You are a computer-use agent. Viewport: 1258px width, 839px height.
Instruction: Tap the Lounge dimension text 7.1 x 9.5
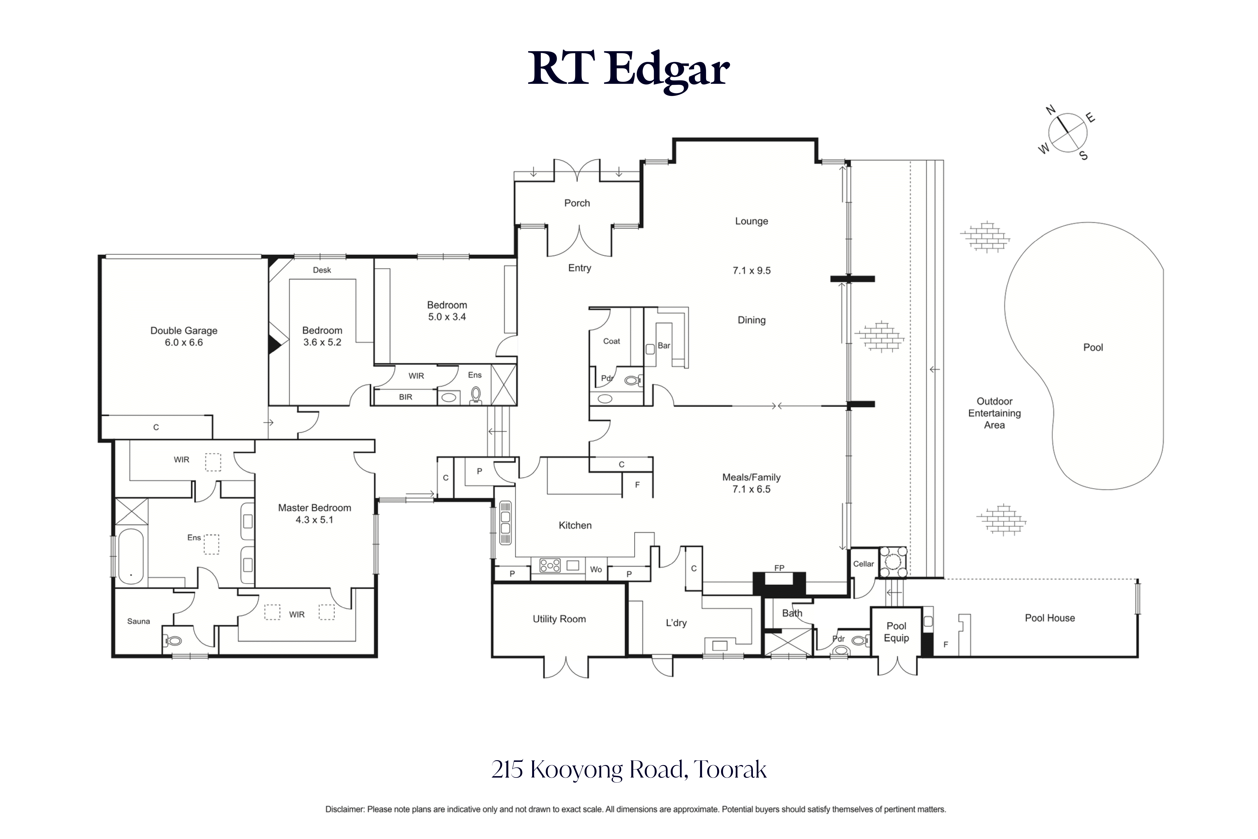click(752, 271)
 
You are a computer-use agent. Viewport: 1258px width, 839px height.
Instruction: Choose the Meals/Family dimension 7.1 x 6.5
click(752, 489)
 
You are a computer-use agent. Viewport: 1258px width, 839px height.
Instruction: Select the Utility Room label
click(559, 619)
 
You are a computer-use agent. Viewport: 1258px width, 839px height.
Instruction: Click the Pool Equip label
click(897, 632)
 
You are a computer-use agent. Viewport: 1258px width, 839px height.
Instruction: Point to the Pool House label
click(1050, 618)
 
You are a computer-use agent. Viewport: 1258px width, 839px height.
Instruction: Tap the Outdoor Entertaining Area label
click(995, 413)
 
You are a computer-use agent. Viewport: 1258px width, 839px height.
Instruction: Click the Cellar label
click(863, 564)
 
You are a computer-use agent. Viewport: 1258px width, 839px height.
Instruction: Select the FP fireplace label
click(779, 568)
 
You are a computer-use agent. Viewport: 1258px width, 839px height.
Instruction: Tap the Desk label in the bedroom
click(322, 270)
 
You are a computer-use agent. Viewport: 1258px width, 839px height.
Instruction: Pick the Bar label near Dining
click(664, 346)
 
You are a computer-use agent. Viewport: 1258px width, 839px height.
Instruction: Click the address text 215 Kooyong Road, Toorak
click(629, 769)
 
